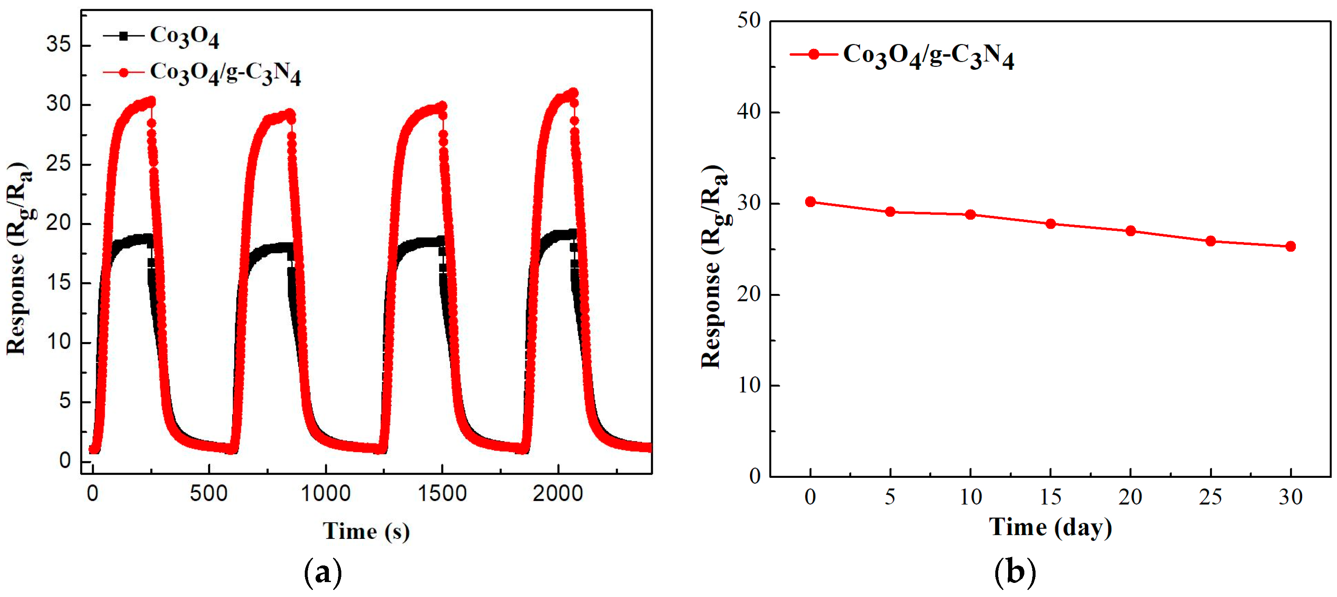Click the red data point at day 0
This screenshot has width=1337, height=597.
point(810,201)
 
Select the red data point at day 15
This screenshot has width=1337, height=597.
point(1050,224)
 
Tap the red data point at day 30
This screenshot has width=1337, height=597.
point(1291,246)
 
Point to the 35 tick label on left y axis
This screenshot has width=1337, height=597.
point(58,45)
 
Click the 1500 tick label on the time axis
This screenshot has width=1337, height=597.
point(442,493)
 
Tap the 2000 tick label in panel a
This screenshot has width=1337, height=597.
point(558,493)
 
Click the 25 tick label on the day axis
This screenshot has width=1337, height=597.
point(1210,497)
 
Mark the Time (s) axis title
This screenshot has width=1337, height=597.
point(366,531)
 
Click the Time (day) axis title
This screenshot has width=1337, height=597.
point(1050,527)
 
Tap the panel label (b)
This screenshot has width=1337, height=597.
point(1015,573)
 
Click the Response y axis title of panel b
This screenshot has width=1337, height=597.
point(713,267)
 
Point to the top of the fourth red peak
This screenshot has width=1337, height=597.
point(573,93)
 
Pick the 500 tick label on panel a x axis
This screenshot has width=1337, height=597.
point(208,493)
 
